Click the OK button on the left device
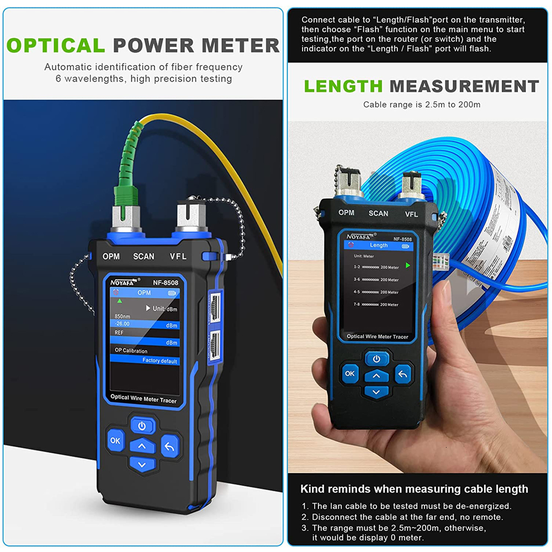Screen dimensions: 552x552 [x=115, y=440]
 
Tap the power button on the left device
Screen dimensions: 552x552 [x=142, y=426]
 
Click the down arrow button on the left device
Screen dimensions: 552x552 [x=142, y=465]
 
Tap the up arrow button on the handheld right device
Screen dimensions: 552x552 [x=376, y=375]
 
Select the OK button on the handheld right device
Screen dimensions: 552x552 [x=350, y=373]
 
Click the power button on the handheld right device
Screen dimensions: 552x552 [x=376, y=359]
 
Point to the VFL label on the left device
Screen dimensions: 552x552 [x=178, y=256]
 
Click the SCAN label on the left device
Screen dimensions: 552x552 [x=144, y=256]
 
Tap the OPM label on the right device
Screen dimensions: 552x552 [x=346, y=213]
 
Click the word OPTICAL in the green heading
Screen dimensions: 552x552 [x=56, y=45]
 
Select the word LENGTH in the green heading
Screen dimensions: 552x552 [x=343, y=86]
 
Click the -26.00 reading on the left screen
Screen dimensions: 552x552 [x=123, y=325]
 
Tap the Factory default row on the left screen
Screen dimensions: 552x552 [x=160, y=360]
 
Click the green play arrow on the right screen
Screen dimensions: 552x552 [x=408, y=266]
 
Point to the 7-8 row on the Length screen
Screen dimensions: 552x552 [x=376, y=304]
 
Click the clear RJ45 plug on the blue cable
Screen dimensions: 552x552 [x=442, y=259]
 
